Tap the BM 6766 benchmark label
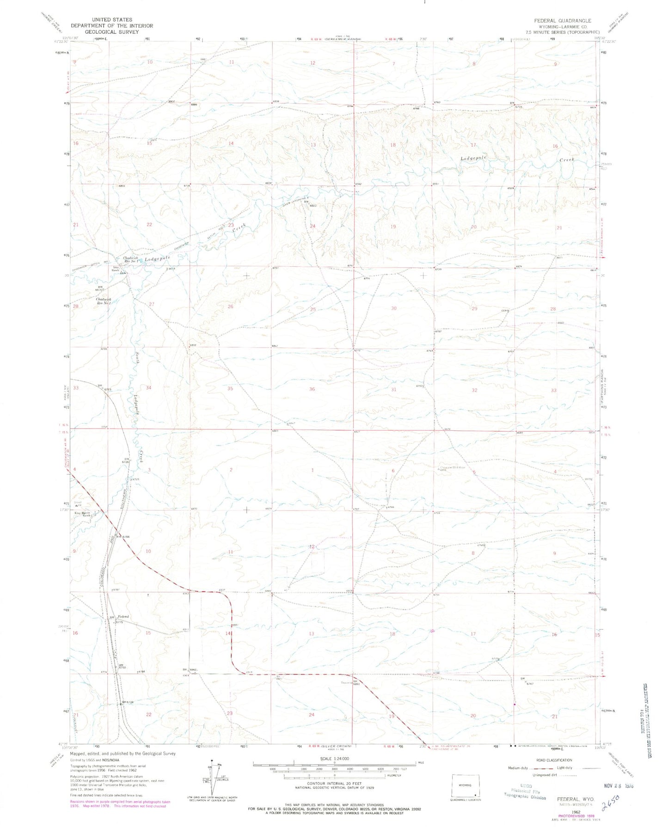click(123, 537)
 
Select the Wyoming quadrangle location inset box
click(466, 784)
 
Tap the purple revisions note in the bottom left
click(118, 804)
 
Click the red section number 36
click(312, 389)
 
